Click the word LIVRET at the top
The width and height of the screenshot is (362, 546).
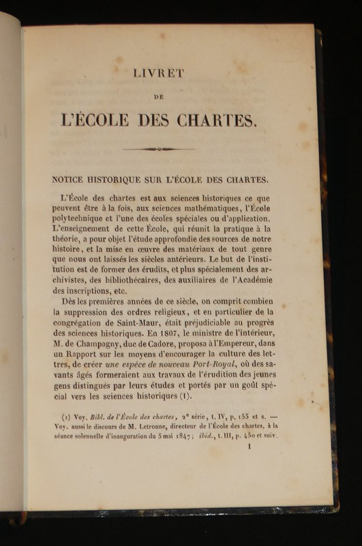[159, 74]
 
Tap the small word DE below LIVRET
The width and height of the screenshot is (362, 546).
[158, 98]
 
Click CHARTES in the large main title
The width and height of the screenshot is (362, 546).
[217, 120]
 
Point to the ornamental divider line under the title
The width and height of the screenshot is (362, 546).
[158, 149]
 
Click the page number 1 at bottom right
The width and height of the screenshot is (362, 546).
[250, 447]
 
